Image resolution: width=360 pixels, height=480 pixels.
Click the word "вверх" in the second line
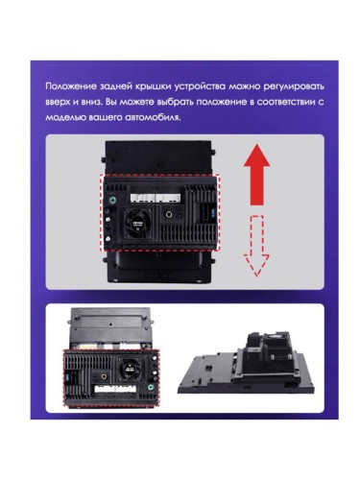(60, 101)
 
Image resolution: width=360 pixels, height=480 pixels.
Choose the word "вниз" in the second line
(99, 101)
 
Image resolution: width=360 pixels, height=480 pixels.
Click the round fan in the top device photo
(140, 222)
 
